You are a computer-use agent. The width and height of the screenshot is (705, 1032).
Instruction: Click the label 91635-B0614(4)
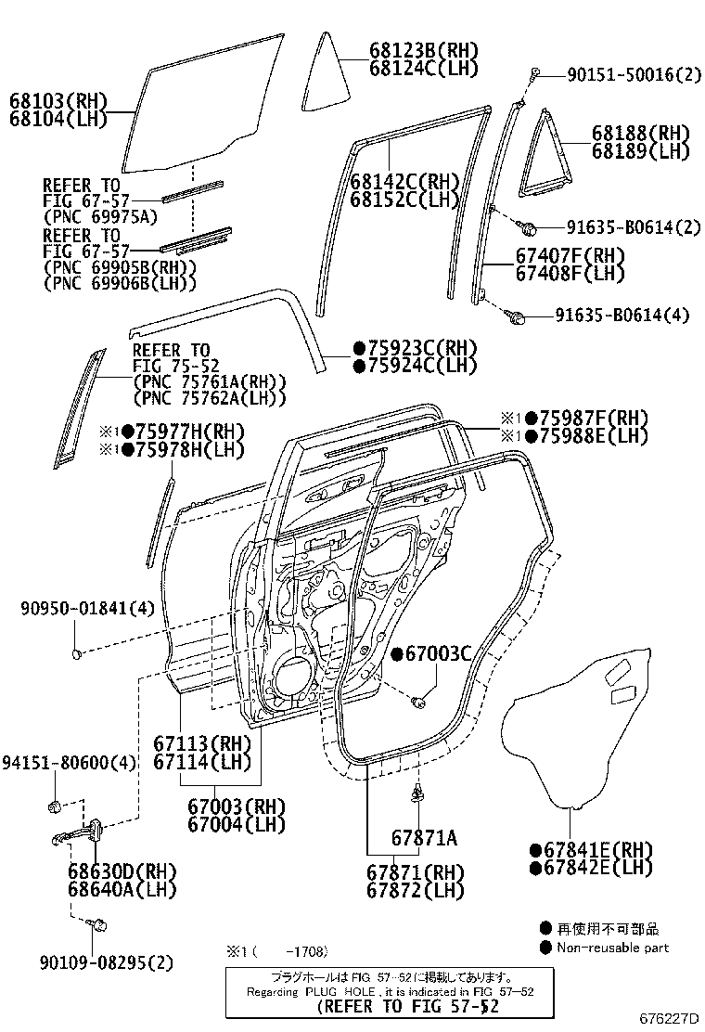point(622,316)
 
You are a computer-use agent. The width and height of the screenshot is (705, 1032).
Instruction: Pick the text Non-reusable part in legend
point(612,948)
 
